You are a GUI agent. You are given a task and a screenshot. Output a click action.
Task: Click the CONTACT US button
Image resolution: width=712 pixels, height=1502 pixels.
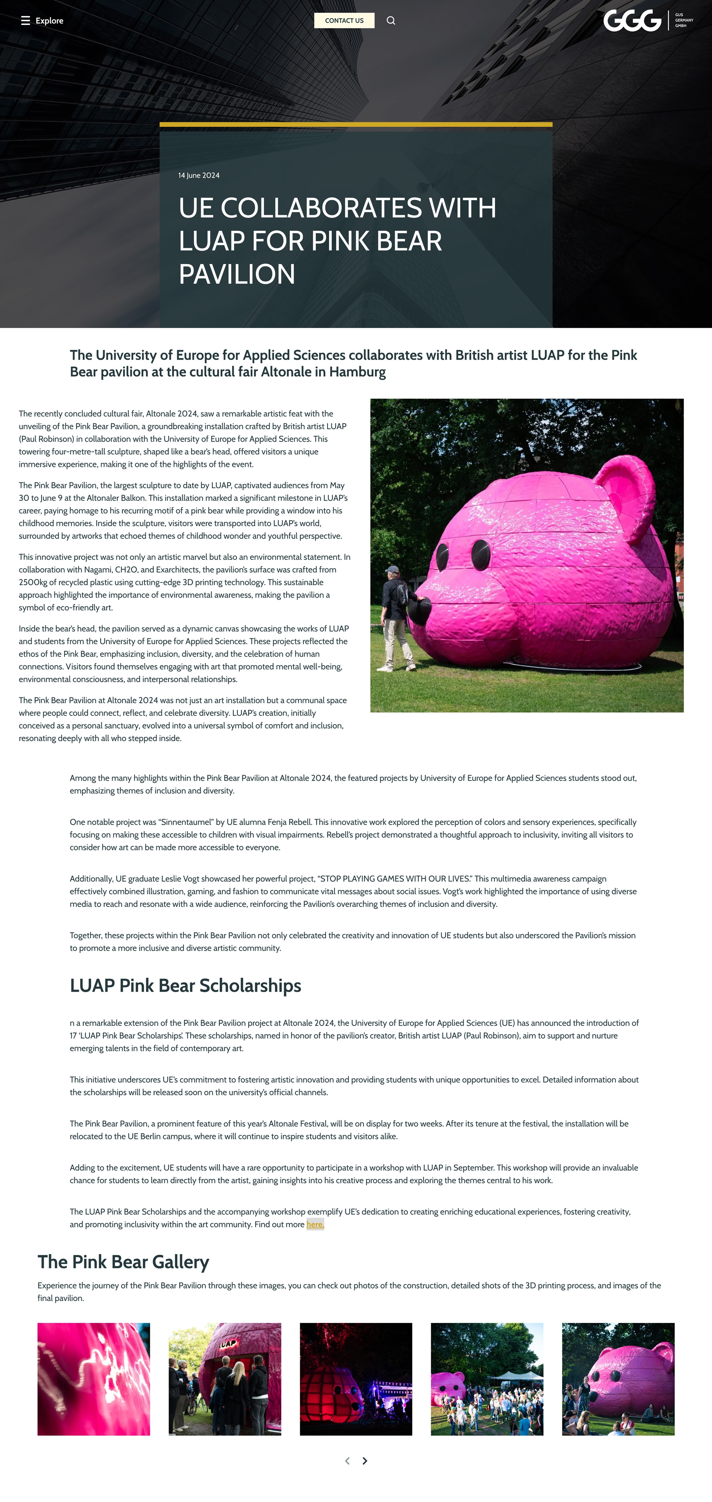(344, 21)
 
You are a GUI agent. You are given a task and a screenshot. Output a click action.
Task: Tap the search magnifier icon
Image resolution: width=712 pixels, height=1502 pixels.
(391, 21)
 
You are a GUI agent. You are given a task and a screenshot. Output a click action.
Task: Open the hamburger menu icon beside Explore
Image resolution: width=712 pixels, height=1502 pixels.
(25, 21)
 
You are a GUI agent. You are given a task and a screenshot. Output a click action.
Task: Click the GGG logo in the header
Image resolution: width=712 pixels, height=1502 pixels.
(632, 21)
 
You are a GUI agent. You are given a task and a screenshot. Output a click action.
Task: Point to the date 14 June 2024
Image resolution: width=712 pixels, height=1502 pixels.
(199, 175)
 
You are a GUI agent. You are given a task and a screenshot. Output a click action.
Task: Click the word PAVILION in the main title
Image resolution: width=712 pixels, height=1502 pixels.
(237, 274)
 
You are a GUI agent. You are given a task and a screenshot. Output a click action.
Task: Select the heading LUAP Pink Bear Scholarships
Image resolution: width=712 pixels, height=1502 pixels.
(185, 985)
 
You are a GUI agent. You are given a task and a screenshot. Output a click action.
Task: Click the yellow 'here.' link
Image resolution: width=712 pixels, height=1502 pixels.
(314, 1224)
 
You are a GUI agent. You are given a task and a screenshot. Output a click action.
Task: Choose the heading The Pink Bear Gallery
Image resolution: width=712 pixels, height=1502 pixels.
(123, 1262)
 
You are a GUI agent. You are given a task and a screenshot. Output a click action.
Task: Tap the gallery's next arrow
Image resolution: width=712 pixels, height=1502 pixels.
(365, 1460)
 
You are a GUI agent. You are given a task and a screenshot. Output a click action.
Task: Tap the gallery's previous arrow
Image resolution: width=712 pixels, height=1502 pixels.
(347, 1460)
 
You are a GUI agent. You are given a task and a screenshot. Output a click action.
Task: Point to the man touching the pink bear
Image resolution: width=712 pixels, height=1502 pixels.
(398, 618)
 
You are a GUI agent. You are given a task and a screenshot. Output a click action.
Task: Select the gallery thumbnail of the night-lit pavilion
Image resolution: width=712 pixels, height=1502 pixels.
(356, 1379)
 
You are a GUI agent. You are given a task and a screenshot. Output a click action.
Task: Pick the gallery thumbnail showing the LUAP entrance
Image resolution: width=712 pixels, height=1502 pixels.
(225, 1379)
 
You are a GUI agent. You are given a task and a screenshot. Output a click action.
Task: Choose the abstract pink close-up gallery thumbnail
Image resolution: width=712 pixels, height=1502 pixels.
(94, 1379)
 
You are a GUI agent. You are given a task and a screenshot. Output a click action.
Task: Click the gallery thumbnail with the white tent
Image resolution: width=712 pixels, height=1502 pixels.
(487, 1379)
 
